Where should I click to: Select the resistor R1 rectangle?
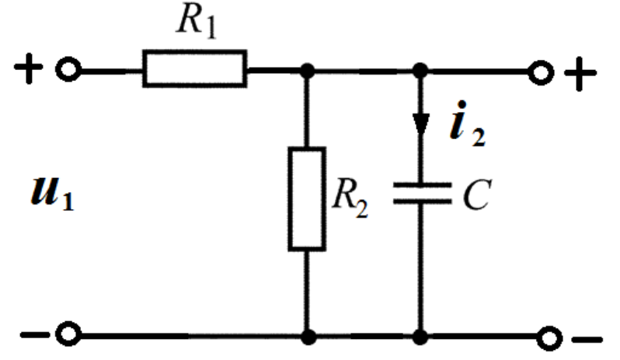coord(194,68)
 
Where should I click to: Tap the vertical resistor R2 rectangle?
coord(307,198)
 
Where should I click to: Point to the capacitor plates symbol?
coord(421,194)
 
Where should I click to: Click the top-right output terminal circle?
coord(538,72)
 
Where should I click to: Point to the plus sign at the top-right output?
coord(580,74)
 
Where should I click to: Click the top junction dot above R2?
coord(308,71)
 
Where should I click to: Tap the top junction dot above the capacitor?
coord(421,71)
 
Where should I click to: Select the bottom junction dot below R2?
coord(308,337)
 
